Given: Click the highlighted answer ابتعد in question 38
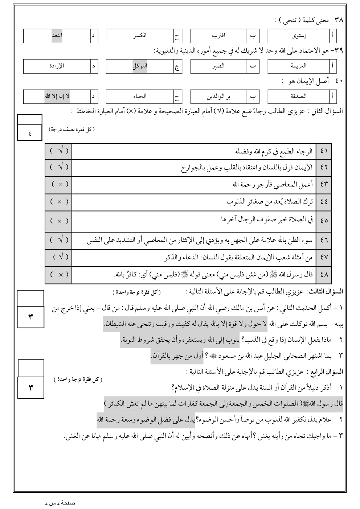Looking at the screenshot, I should pos(57,36).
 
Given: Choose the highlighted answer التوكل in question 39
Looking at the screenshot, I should pos(140,66).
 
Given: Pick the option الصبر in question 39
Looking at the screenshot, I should pos(219,66).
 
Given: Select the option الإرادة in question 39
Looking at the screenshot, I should pos(57,66).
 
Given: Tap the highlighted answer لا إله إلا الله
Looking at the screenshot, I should pos(57,96).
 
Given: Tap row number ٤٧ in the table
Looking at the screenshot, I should pos(324,257).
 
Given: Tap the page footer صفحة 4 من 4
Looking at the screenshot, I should pos(60,503).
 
